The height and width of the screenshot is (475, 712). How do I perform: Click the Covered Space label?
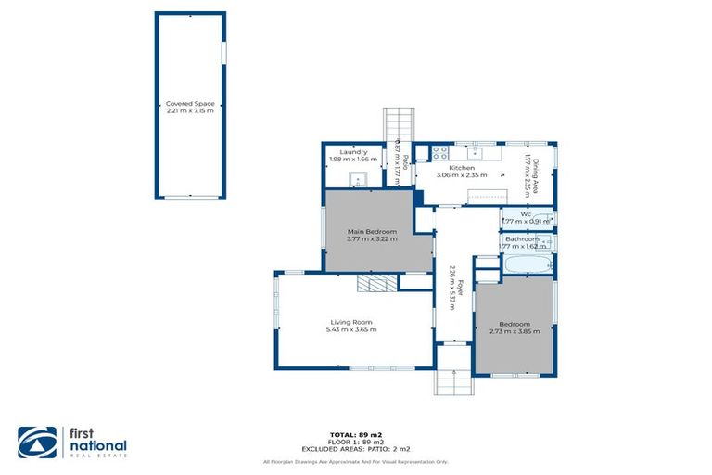[x=189, y=104]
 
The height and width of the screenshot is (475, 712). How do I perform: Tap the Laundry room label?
[x=353, y=152]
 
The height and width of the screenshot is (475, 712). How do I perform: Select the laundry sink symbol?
[x=359, y=178]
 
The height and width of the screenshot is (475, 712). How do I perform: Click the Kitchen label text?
[x=462, y=168]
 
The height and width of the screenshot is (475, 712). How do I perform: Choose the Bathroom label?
[x=520, y=239]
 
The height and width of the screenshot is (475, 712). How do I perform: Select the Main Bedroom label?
[x=372, y=231]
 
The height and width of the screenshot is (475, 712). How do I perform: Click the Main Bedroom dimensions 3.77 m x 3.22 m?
[x=372, y=239]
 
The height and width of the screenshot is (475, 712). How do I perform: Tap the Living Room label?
[x=351, y=322]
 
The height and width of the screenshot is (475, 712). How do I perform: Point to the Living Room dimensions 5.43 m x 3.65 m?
[x=351, y=330]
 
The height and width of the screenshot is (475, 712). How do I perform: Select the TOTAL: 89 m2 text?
[x=356, y=434]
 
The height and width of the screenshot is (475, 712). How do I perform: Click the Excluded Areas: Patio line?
[x=356, y=449]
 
